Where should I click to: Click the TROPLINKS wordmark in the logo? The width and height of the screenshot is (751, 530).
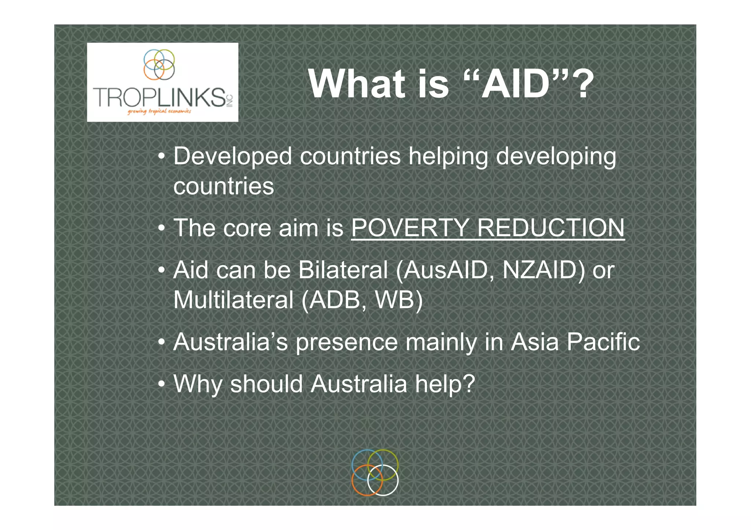pyautogui.click(x=160, y=97)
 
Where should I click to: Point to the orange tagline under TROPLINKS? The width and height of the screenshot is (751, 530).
pyautogui.click(x=159, y=111)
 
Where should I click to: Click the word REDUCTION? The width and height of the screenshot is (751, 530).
pyautogui.click(x=551, y=228)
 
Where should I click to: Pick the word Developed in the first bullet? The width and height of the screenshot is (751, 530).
pyautogui.click(x=232, y=156)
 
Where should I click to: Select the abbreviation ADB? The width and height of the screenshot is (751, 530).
pyautogui.click(x=337, y=300)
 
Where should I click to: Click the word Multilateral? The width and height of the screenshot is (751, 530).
pyautogui.click(x=233, y=300)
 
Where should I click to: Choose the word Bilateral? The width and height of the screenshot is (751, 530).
pyautogui.click(x=343, y=270)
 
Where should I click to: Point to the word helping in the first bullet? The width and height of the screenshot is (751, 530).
pyautogui.click(x=448, y=156)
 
